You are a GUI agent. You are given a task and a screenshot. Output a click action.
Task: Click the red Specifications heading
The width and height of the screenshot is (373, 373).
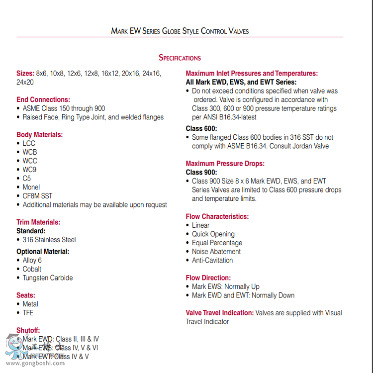(180, 58)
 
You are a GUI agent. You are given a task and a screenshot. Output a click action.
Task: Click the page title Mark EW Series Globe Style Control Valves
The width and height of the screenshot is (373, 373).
(180, 31)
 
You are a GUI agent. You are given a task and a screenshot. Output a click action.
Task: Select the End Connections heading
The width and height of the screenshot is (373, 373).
(43, 99)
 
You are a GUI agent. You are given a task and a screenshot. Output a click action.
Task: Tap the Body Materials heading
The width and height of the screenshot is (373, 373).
(40, 135)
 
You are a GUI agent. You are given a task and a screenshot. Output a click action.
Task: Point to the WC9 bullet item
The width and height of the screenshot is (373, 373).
(29, 170)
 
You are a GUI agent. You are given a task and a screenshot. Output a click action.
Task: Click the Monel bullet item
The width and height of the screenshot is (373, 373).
(31, 187)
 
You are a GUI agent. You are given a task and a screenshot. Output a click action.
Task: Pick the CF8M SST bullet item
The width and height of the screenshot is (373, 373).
(37, 196)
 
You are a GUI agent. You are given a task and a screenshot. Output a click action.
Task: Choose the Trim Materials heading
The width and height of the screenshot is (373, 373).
(38, 222)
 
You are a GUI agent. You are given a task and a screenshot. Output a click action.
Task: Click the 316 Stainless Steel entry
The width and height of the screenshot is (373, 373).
(49, 240)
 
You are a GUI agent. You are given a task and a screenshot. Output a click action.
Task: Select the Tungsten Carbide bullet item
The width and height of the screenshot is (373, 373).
(48, 278)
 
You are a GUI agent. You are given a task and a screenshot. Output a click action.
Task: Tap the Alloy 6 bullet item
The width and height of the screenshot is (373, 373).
(32, 260)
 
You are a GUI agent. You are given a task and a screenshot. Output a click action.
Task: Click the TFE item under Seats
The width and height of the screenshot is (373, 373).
(28, 313)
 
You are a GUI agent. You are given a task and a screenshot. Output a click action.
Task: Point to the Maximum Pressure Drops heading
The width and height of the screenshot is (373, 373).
(225, 164)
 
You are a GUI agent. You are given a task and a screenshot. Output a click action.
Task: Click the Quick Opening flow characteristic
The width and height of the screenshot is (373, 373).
(213, 234)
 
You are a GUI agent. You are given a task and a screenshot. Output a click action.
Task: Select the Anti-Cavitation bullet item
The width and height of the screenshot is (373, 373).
(212, 260)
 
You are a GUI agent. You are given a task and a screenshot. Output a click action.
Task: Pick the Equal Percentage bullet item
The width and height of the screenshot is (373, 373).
(217, 243)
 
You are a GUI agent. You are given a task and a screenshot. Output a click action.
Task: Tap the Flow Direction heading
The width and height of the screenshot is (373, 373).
(208, 278)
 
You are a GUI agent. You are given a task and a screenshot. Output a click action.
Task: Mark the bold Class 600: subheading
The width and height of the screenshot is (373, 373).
(201, 128)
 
